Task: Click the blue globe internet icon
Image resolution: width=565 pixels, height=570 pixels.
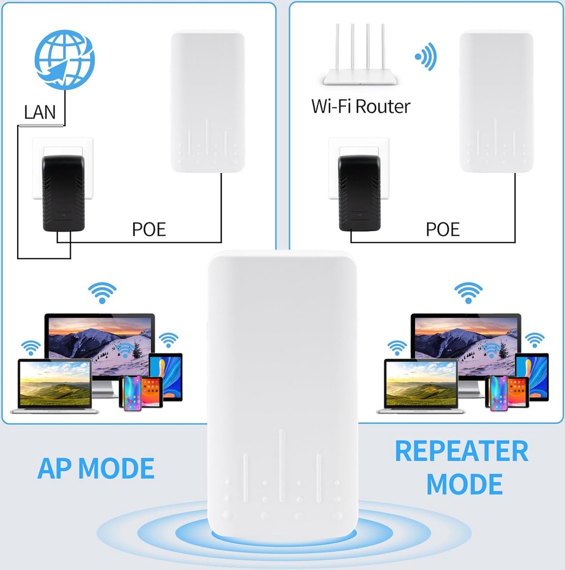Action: click(65, 59)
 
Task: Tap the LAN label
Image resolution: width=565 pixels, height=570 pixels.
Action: click(40, 113)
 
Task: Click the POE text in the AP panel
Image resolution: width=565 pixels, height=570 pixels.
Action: click(149, 229)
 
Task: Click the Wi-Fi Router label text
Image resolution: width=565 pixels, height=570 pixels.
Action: click(360, 106)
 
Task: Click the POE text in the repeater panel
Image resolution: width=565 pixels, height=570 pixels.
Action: click(443, 229)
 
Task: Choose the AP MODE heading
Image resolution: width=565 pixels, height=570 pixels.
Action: click(96, 468)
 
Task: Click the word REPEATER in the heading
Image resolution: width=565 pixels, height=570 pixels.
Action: click(461, 451)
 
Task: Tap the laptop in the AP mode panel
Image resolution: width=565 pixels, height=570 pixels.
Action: click(55, 386)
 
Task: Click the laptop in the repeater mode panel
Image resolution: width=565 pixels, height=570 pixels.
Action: click(421, 386)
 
